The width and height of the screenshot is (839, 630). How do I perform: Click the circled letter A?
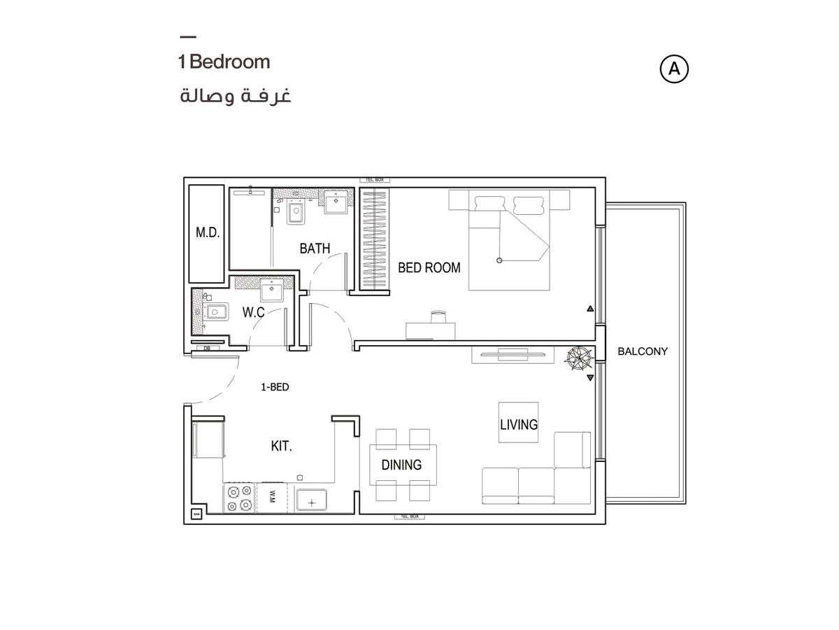674,69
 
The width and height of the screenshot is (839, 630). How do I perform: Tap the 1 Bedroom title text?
224,62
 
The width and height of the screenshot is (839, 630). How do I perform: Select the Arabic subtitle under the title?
235,95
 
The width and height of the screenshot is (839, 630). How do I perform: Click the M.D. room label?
208,233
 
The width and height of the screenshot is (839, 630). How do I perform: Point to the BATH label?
315,248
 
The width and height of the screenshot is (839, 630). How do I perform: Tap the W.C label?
253,312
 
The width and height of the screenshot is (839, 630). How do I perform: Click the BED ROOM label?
429,267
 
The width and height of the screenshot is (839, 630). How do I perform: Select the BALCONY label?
643,351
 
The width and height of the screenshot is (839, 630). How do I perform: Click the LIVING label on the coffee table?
518,424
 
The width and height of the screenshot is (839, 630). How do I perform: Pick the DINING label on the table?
401,465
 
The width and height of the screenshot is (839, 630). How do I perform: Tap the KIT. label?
281,446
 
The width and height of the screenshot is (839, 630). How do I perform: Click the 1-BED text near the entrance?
275,386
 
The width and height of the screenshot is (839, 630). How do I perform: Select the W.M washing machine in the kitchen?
273,498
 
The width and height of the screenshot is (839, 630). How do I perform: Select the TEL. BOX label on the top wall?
374,180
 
